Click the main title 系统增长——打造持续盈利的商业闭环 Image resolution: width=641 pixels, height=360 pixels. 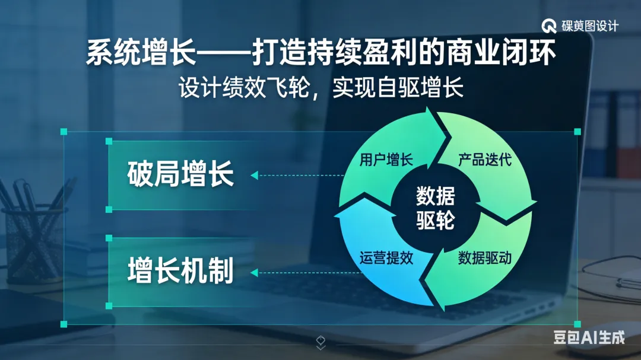pyautogui.click(x=320, y=54)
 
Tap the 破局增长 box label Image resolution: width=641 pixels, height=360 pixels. pyautogui.click(x=180, y=175)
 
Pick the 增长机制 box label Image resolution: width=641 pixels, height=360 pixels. pyautogui.click(x=180, y=272)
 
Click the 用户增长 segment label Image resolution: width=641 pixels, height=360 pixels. pyautogui.click(x=386, y=160)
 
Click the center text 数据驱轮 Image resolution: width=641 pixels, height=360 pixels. pyautogui.click(x=435, y=208)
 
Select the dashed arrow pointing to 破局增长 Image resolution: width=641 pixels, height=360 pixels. pyautogui.click(x=297, y=175)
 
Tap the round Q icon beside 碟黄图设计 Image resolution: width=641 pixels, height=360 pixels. pyautogui.click(x=549, y=26)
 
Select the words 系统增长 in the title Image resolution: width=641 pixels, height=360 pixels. pyautogui.click(x=141, y=54)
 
